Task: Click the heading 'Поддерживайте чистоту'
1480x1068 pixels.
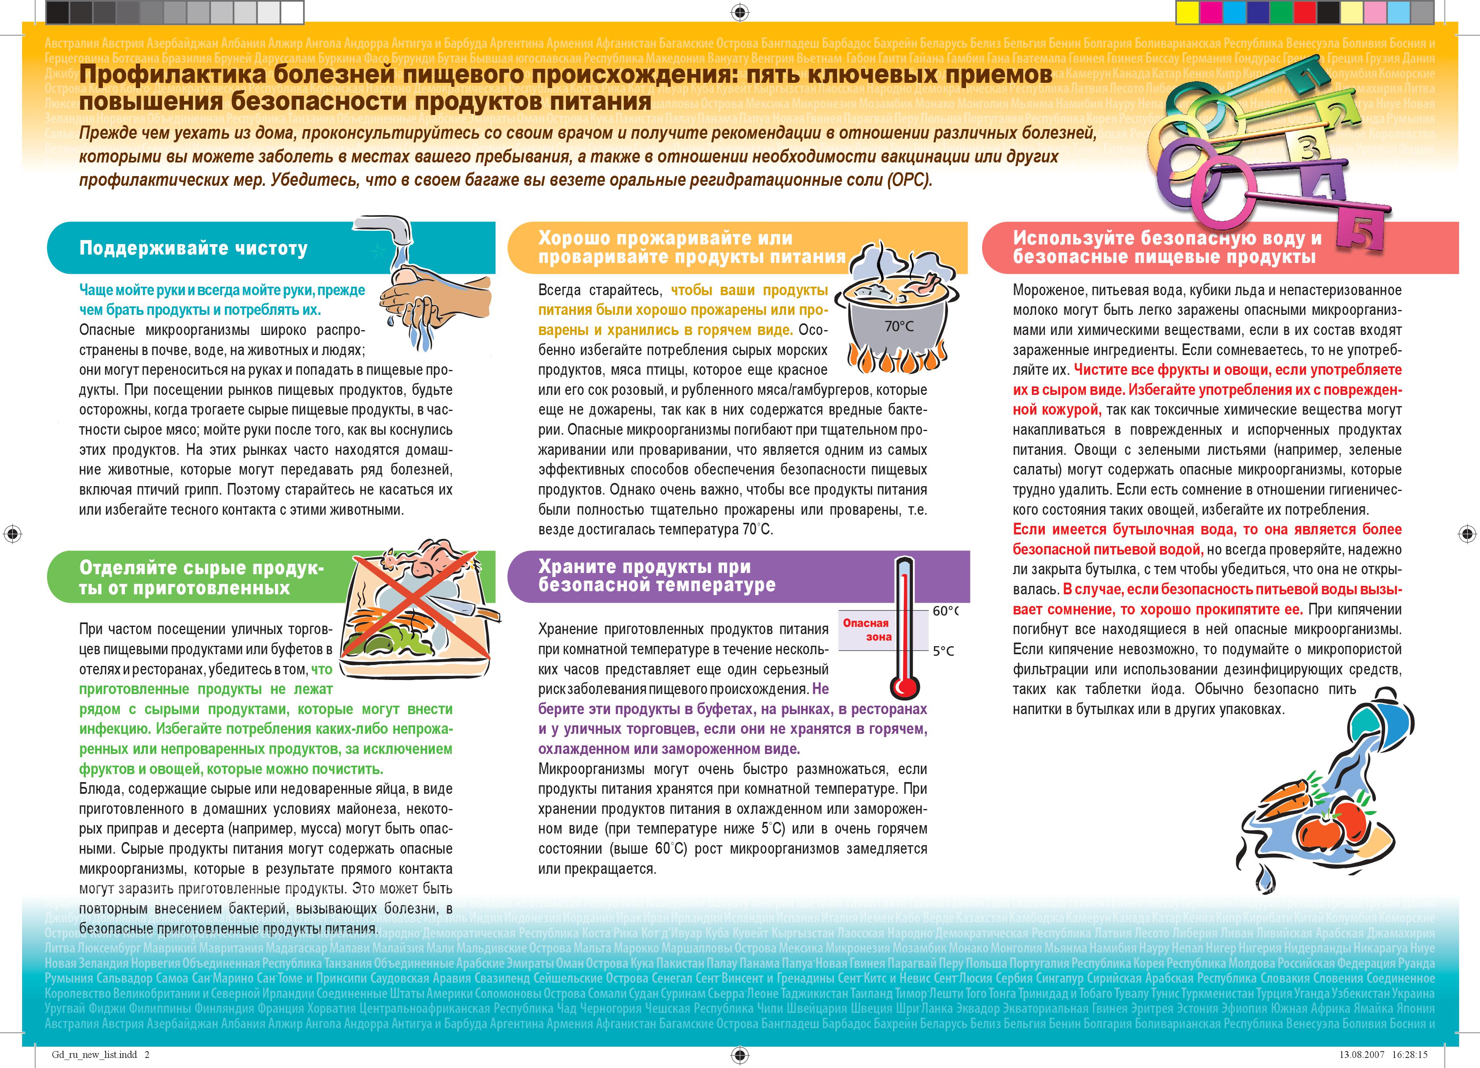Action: pyautogui.click(x=193, y=248)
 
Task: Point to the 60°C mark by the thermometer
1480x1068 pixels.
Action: pyautogui.click(x=944, y=611)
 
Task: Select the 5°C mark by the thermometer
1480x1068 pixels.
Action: pyautogui.click(x=943, y=651)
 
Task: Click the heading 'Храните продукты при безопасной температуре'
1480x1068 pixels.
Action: pyautogui.click(x=657, y=576)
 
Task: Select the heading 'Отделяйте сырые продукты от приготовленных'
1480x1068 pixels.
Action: pyautogui.click(x=201, y=578)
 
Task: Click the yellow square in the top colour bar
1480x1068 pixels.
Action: pyautogui.click(x=1186, y=11)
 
